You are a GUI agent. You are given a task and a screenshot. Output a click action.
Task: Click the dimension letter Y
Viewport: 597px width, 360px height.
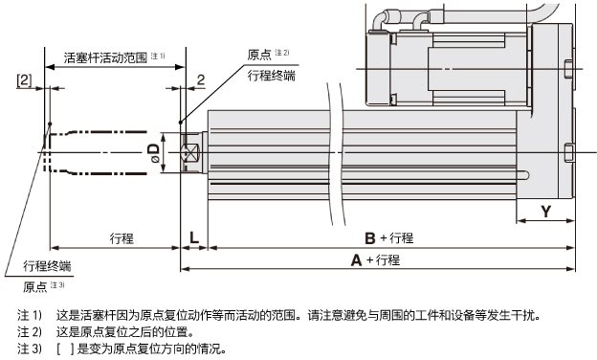546,211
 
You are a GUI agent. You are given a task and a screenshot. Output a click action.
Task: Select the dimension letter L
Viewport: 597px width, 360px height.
194,237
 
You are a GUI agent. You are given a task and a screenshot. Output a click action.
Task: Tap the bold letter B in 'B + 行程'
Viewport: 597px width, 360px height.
370,238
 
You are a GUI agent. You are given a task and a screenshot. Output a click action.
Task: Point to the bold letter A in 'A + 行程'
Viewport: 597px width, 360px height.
356,260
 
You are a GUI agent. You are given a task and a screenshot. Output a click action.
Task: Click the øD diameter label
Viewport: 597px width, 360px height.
154,153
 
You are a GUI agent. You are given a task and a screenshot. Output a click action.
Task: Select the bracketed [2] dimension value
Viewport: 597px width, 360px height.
24,80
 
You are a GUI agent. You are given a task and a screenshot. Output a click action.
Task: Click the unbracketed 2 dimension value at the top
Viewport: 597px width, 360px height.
201,79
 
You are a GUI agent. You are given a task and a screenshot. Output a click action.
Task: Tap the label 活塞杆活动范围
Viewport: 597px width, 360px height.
105,57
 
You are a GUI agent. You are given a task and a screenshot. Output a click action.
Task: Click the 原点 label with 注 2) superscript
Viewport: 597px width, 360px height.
259,55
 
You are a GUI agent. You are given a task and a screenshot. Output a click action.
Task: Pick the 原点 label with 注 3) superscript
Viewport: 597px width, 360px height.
35,286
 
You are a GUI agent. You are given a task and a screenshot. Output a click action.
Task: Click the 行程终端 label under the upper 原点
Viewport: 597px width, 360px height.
272,76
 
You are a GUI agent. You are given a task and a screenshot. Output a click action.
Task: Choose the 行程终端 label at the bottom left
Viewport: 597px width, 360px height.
47,265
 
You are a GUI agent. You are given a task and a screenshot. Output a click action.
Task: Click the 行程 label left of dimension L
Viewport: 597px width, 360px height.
122,238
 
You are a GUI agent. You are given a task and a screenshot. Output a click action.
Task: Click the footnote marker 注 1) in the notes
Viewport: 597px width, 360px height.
30,315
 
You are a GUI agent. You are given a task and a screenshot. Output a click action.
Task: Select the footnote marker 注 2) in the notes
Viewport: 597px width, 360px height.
30,332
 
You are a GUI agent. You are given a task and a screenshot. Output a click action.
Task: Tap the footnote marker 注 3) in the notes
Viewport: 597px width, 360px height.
30,349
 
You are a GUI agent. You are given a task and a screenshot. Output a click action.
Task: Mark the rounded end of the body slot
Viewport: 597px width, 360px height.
526,175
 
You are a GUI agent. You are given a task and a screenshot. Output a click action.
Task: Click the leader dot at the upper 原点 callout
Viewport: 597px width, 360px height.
181,123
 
